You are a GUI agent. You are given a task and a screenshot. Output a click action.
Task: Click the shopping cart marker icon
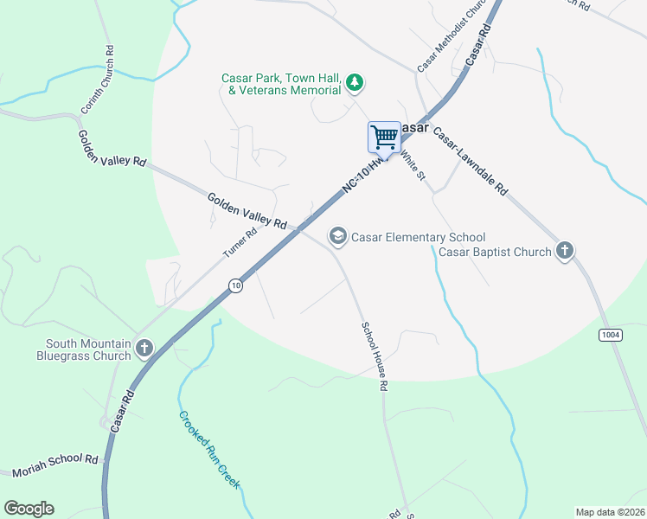pyautogui.click(x=384, y=137)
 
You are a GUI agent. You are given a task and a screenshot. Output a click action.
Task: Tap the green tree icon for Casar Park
pyautogui.click(x=354, y=83)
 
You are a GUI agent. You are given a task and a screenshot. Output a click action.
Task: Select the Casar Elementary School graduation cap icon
pyautogui.click(x=336, y=236)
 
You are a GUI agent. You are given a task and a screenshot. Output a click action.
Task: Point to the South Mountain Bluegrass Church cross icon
pyautogui.click(x=144, y=349)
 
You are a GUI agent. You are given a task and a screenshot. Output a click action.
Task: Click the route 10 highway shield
pyautogui.click(x=234, y=285)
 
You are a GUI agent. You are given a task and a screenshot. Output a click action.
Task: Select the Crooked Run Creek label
pyautogui.click(x=208, y=449)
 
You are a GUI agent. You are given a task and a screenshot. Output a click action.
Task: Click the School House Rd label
pyautogui.click(x=373, y=356)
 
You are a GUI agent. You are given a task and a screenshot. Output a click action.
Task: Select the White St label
pyautogui.click(x=414, y=163)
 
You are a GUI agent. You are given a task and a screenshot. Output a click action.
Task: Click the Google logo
pyautogui.click(x=29, y=509)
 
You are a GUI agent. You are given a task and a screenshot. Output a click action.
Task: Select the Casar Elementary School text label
pyautogui.click(x=418, y=237)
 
